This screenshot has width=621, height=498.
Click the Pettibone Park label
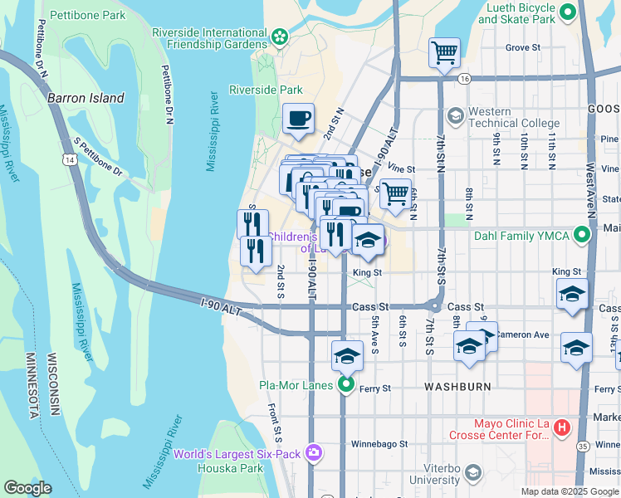point(87,16)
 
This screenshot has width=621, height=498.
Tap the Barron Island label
point(86,98)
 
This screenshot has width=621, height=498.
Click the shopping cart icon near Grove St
point(445,52)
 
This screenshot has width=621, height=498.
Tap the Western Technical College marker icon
point(455,115)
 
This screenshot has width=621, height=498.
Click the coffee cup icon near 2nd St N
point(298,118)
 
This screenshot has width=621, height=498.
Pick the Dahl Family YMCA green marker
point(582,237)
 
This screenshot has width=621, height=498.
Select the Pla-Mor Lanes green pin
point(346,385)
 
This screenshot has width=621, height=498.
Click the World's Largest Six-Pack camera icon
point(314,453)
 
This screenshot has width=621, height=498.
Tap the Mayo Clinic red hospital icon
point(562,428)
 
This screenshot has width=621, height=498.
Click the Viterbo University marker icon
point(472,473)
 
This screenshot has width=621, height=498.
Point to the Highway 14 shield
point(74,158)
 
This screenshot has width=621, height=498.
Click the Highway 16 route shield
point(463,78)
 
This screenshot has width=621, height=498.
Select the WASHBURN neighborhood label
point(457,387)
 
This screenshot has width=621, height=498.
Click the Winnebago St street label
point(379,444)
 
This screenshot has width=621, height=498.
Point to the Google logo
point(28,488)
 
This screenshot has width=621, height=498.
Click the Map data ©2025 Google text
point(569,491)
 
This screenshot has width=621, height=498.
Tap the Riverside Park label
point(266,90)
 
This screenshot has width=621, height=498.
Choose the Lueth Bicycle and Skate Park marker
point(569,12)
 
